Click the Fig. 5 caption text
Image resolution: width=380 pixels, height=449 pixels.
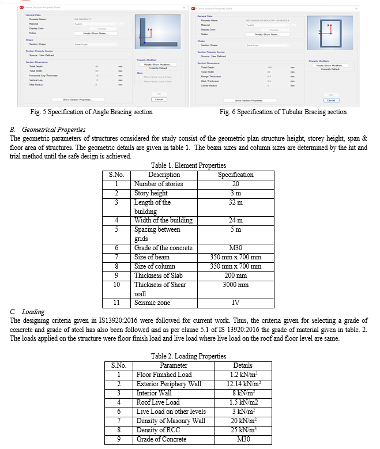[92, 112]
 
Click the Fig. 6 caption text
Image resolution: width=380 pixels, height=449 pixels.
[283, 112]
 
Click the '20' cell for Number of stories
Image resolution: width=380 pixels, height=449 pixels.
[235, 184]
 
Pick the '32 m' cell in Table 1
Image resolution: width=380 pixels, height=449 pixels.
[235, 202]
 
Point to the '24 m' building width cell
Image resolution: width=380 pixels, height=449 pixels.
[235, 220]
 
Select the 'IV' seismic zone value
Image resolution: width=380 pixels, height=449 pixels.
[235, 303]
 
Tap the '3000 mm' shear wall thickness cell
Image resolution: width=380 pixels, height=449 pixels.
[235, 284]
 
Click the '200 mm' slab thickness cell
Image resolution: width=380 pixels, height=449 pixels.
[235, 275]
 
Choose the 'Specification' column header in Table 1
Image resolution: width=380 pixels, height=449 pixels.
[235, 175]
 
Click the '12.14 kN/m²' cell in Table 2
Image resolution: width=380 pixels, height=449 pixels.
[243, 383]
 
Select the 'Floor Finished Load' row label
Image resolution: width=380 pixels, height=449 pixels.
[164, 374]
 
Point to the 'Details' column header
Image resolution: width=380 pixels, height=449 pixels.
[243, 365]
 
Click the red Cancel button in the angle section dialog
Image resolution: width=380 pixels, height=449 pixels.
[160, 100]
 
